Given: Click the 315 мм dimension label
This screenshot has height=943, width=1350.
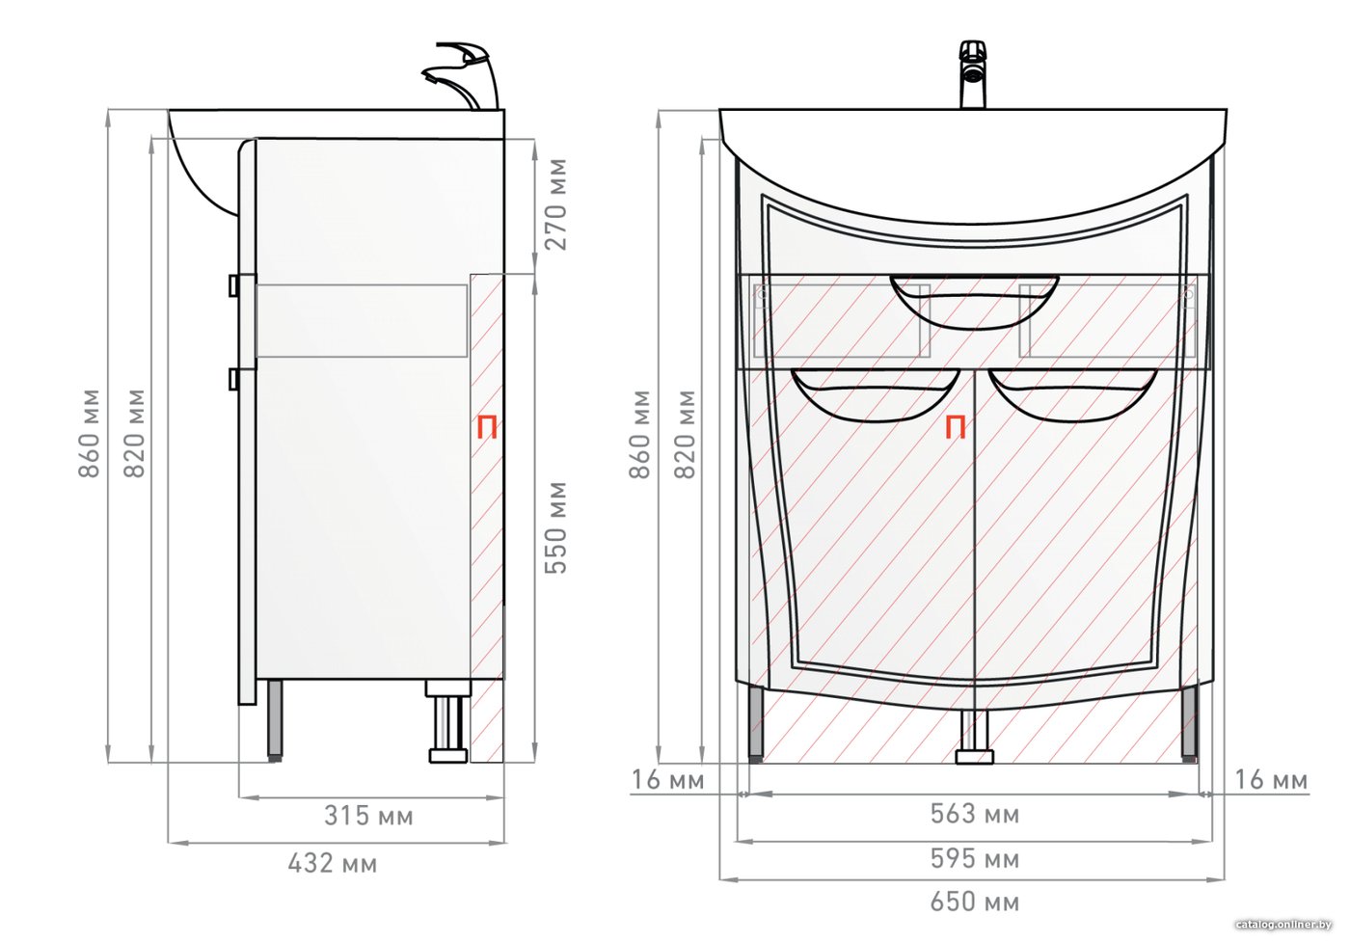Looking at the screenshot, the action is (368, 817).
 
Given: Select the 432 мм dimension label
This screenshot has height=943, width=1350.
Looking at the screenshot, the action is (333, 864).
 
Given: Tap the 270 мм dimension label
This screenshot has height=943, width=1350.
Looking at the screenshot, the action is (555, 204).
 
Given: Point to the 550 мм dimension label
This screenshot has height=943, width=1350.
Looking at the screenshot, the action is (555, 527).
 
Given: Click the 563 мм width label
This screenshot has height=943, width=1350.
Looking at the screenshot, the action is (975, 814).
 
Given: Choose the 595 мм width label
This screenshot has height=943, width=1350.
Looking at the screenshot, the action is (975, 859).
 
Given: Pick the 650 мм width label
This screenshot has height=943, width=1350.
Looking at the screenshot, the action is (975, 903).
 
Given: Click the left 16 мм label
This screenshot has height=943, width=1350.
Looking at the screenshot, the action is (667, 780).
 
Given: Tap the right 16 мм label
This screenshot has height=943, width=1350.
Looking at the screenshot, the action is (1272, 780).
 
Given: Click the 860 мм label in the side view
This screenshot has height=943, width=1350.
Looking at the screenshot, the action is (89, 434).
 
